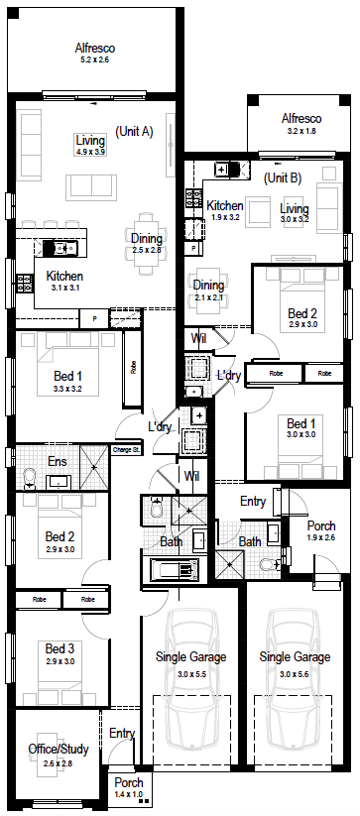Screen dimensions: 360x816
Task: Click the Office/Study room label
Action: [x=59, y=749]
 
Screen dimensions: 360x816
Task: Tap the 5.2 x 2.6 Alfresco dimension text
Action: [x=94, y=59]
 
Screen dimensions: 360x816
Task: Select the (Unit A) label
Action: [x=134, y=131]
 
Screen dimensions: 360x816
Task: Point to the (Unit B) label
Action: [x=283, y=178]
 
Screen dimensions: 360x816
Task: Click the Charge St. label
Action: [x=126, y=449]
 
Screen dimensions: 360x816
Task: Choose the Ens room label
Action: [x=57, y=461]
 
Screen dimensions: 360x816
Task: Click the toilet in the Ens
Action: [x=30, y=478]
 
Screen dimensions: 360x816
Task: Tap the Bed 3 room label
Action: [x=60, y=648]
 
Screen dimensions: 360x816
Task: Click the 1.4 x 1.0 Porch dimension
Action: [x=129, y=794]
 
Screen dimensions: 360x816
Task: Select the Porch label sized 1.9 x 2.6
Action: [x=321, y=525]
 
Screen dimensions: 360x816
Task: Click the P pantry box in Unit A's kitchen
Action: [x=94, y=318]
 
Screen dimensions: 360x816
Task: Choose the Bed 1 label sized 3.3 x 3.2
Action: [x=67, y=375]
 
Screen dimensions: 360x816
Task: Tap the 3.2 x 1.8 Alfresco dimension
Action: [x=301, y=131]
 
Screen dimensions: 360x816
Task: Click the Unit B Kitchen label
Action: [x=225, y=205]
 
